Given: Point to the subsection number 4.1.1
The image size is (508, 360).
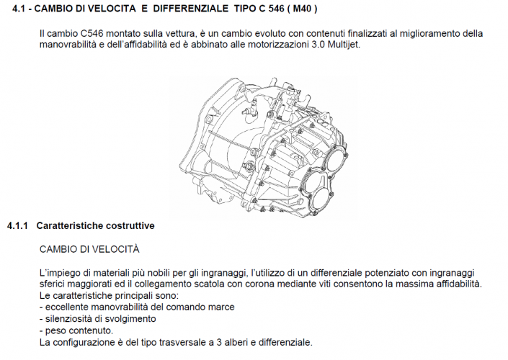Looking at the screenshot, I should pyautogui.click(x=17, y=226).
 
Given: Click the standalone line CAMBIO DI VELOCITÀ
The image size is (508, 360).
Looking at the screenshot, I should pyautogui.click(x=89, y=249).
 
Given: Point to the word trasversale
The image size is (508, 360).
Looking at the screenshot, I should pyautogui.click(x=183, y=341).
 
